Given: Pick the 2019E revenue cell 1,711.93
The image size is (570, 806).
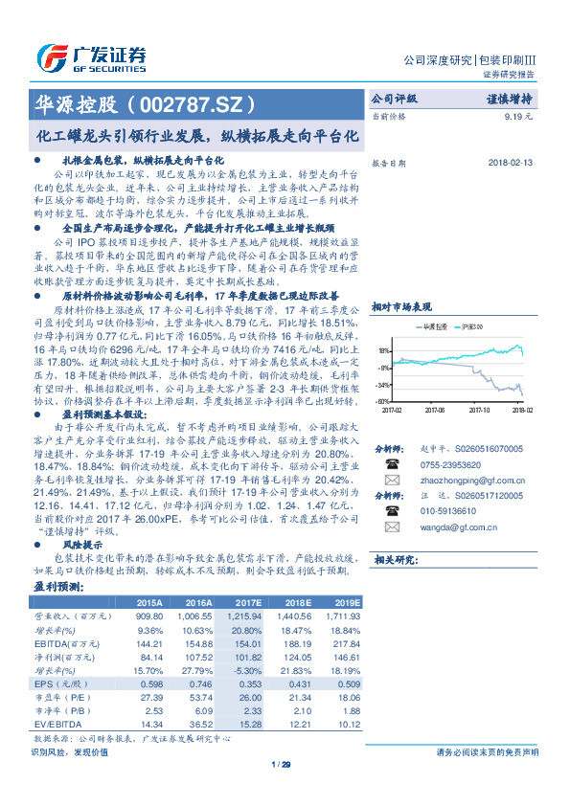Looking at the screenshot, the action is [x=340, y=617].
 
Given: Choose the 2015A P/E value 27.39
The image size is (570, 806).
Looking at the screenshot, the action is [x=148, y=698].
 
